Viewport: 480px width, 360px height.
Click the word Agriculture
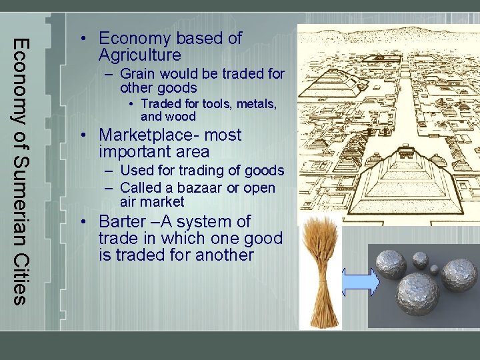coord(139,55)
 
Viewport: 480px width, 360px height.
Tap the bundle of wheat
coord(321,273)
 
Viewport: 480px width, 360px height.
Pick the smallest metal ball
coord(434,270)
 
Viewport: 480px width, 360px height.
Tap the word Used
coord(137,171)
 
